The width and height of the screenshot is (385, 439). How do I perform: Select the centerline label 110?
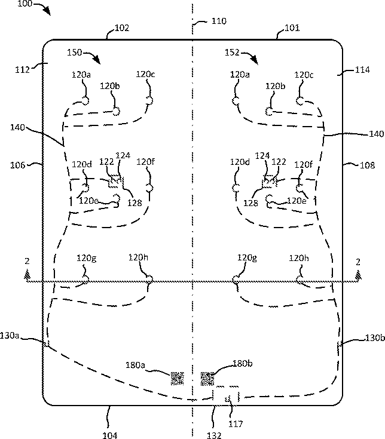pos(219,22)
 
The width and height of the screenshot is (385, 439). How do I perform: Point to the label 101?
pos(292,28)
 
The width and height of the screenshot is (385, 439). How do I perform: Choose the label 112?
pos(22,69)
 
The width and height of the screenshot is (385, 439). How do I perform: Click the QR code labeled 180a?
pos(177,378)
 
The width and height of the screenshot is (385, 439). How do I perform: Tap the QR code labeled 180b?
pos(207,378)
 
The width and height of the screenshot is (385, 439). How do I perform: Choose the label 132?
pos(214,435)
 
